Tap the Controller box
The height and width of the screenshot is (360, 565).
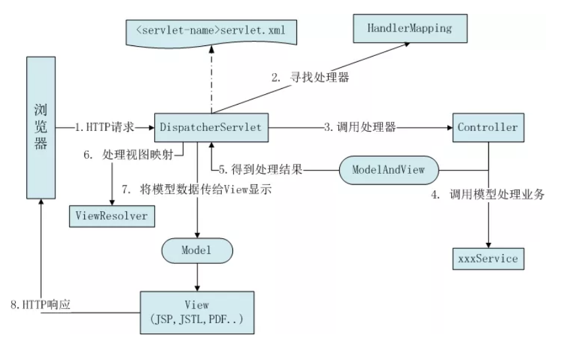click(487, 127)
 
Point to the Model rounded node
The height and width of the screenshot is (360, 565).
click(197, 251)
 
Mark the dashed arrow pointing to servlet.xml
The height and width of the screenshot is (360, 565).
click(212, 79)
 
